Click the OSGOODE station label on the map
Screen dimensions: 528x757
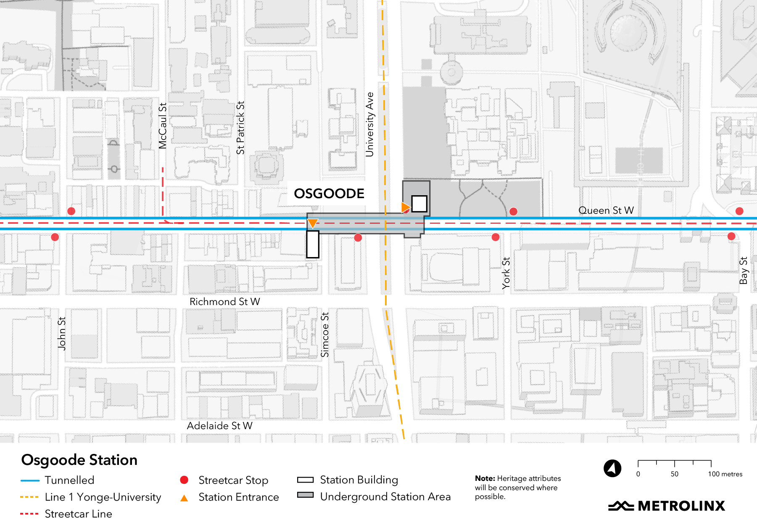329,194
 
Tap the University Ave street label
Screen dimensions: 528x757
369,125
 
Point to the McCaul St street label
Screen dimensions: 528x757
163,126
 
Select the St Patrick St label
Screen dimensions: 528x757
240,128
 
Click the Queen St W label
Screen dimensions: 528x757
606,210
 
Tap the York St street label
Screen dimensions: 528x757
506,273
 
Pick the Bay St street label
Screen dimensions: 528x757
743,271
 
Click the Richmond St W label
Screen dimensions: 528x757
224,302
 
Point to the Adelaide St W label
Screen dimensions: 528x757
219,426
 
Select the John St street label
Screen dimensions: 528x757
62,334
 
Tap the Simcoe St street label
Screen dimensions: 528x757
324,335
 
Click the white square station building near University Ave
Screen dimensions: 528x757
419,204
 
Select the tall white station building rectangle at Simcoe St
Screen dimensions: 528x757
313,244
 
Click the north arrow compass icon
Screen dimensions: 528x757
612,468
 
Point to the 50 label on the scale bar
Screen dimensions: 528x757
674,474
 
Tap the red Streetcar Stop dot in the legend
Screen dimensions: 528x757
184,480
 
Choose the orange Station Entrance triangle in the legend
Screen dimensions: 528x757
184,498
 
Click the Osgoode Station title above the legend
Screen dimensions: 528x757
79,460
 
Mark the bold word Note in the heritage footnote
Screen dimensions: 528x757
485,478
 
